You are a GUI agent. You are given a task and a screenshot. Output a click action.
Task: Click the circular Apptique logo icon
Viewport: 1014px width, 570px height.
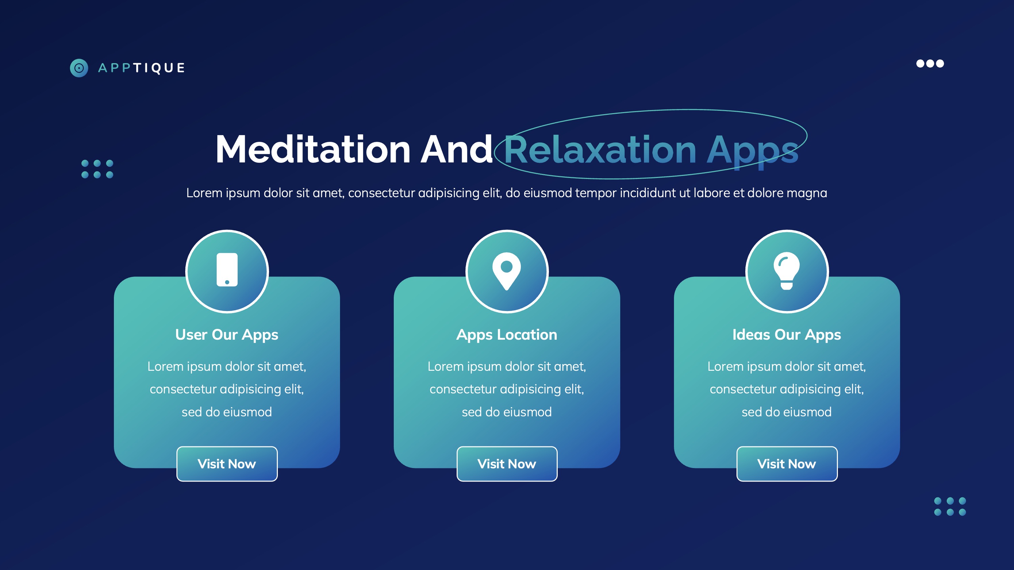tap(79, 68)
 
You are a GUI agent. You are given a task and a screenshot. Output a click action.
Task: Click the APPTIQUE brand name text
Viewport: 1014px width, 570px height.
tap(142, 68)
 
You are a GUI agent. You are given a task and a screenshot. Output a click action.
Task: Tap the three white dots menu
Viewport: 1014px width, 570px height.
tap(930, 63)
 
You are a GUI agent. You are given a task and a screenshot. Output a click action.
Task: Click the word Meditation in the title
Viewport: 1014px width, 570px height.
tap(313, 150)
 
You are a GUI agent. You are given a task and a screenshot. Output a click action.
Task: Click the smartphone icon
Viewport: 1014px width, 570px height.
tap(227, 270)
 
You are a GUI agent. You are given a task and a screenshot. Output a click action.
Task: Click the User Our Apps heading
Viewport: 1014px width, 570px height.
tap(227, 335)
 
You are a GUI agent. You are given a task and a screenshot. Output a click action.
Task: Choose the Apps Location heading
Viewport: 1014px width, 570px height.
tap(507, 335)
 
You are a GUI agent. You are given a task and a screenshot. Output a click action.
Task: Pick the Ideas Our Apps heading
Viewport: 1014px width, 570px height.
tap(787, 335)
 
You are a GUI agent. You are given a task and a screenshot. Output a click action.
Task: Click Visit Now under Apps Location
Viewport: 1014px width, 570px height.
tap(507, 464)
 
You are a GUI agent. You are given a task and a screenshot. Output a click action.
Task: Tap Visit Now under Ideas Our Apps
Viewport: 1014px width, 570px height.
tap(787, 464)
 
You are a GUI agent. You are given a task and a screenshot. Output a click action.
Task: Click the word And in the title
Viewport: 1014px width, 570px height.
tap(457, 150)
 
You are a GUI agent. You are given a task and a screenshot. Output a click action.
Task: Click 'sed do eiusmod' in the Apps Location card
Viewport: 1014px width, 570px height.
tap(507, 412)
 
